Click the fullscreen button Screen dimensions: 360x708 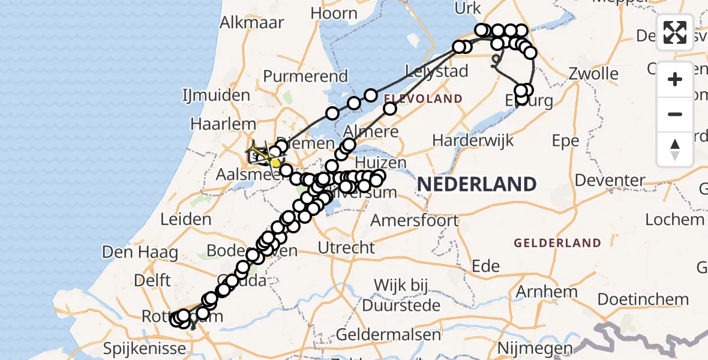click(x=675, y=32)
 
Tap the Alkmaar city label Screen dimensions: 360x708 click(x=247, y=23)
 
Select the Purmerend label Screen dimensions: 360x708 click(x=305, y=76)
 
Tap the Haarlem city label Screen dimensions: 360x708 click(x=214, y=124)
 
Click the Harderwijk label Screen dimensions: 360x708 click(x=473, y=141)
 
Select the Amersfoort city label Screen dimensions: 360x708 click(x=414, y=220)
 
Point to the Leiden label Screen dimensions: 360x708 click(x=186, y=219)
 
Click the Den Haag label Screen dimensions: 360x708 click(x=140, y=252)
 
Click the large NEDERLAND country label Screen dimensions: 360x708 click(x=477, y=184)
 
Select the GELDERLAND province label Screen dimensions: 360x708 click(x=557, y=243)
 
